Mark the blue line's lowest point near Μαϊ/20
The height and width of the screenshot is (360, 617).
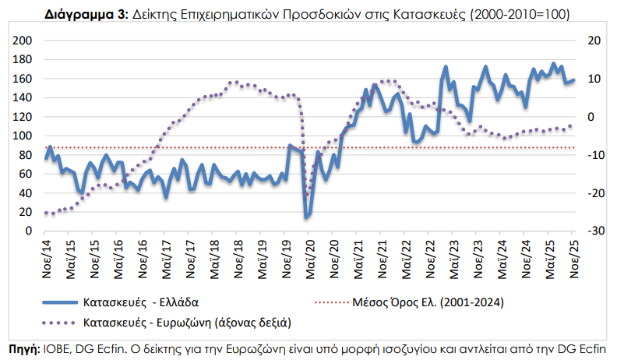[308, 216]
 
